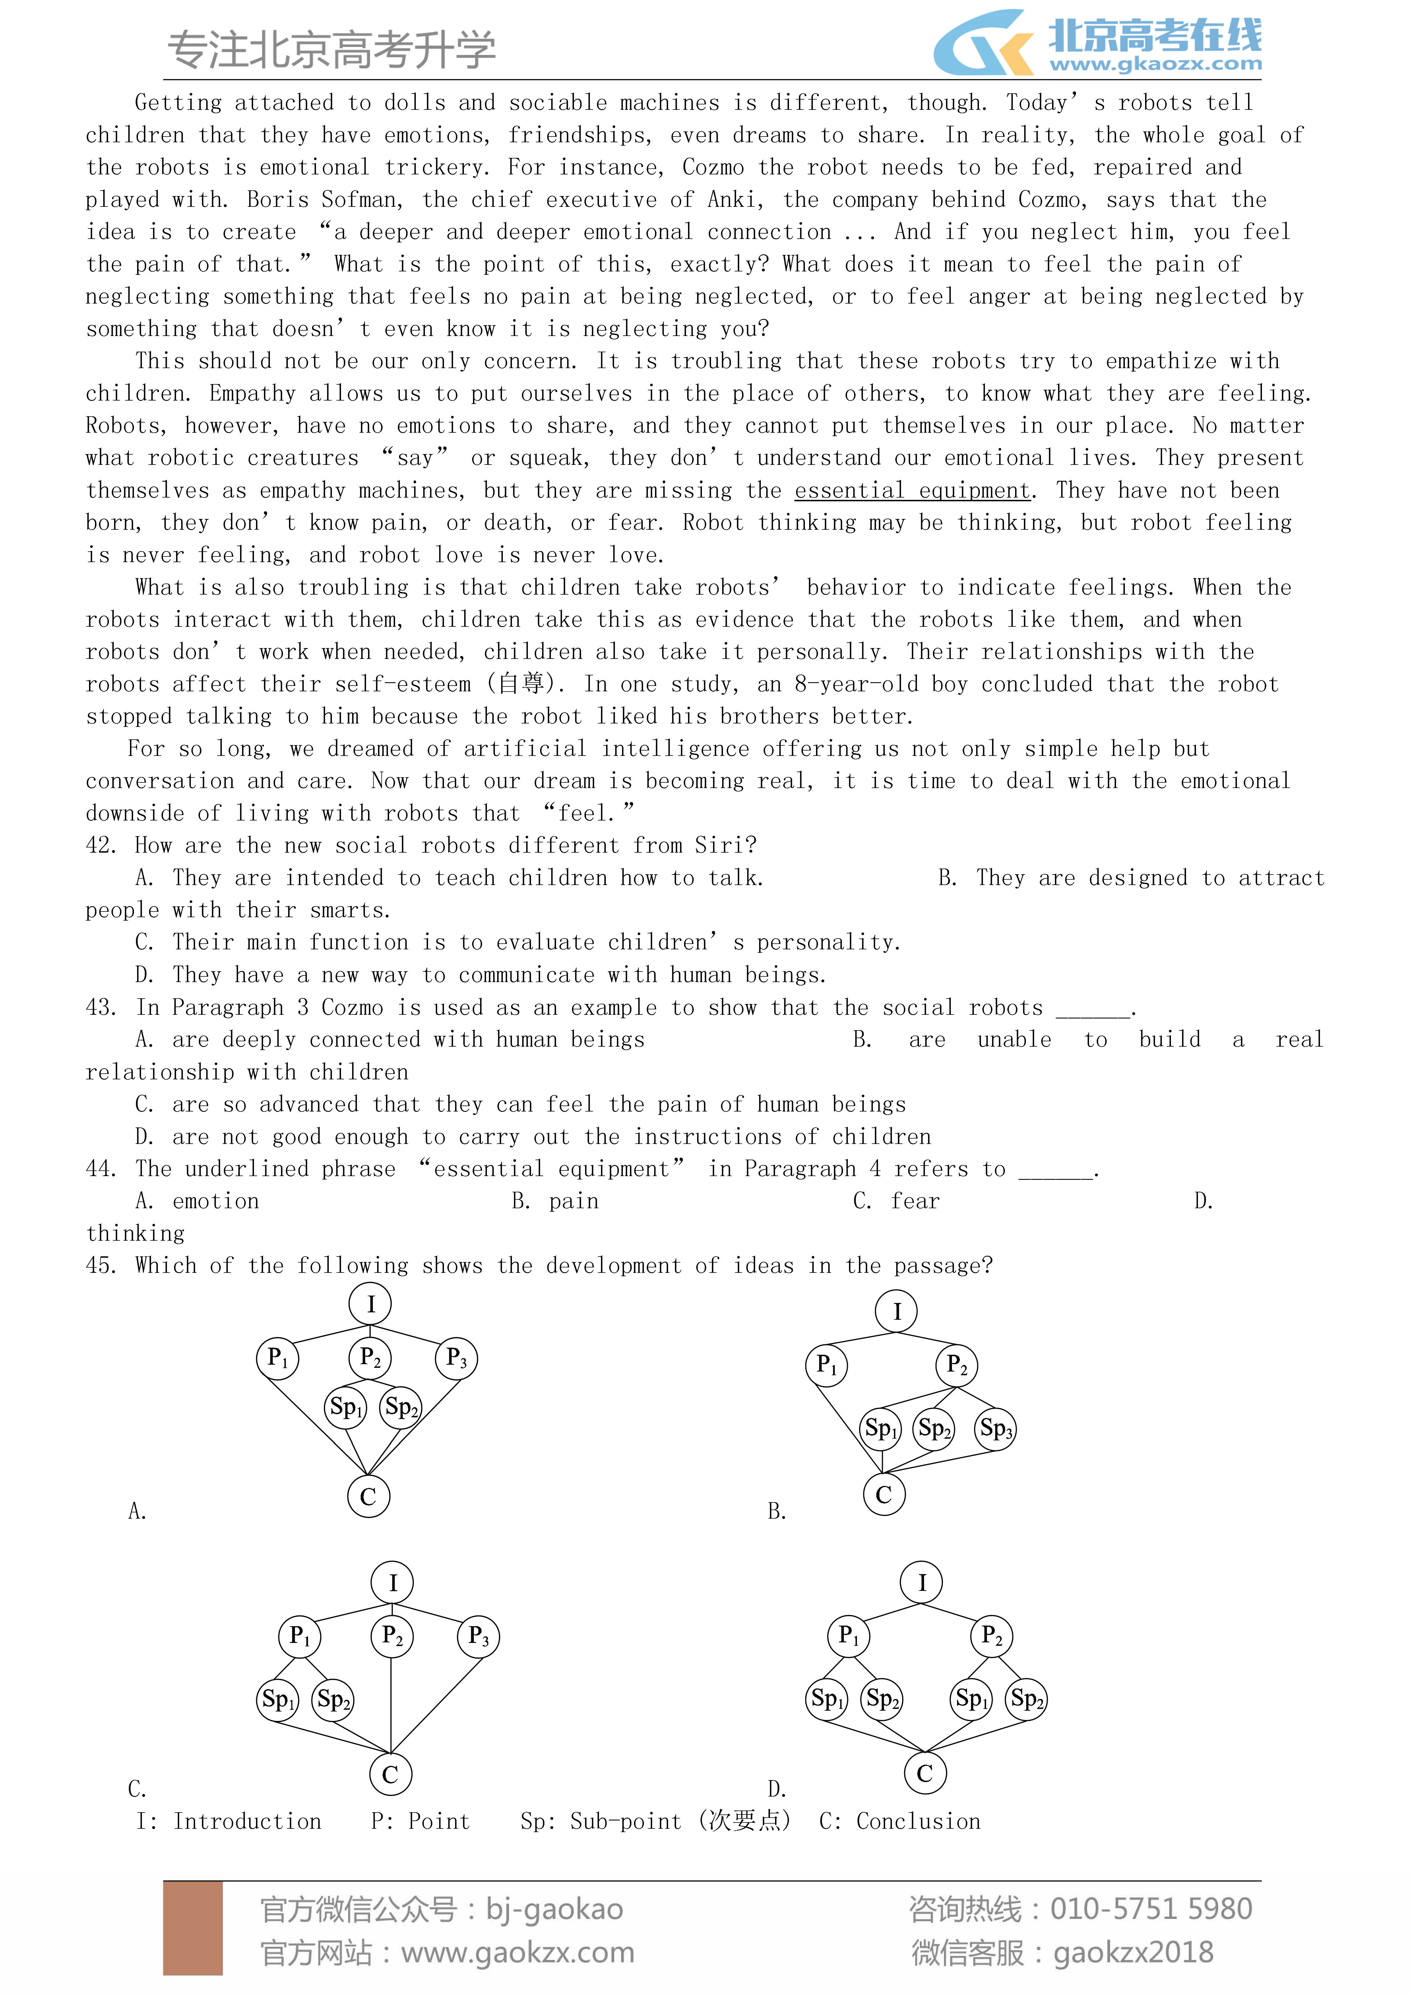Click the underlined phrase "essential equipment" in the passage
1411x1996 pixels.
point(912,490)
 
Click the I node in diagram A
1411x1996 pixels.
point(370,1304)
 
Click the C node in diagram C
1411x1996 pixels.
point(390,1774)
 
